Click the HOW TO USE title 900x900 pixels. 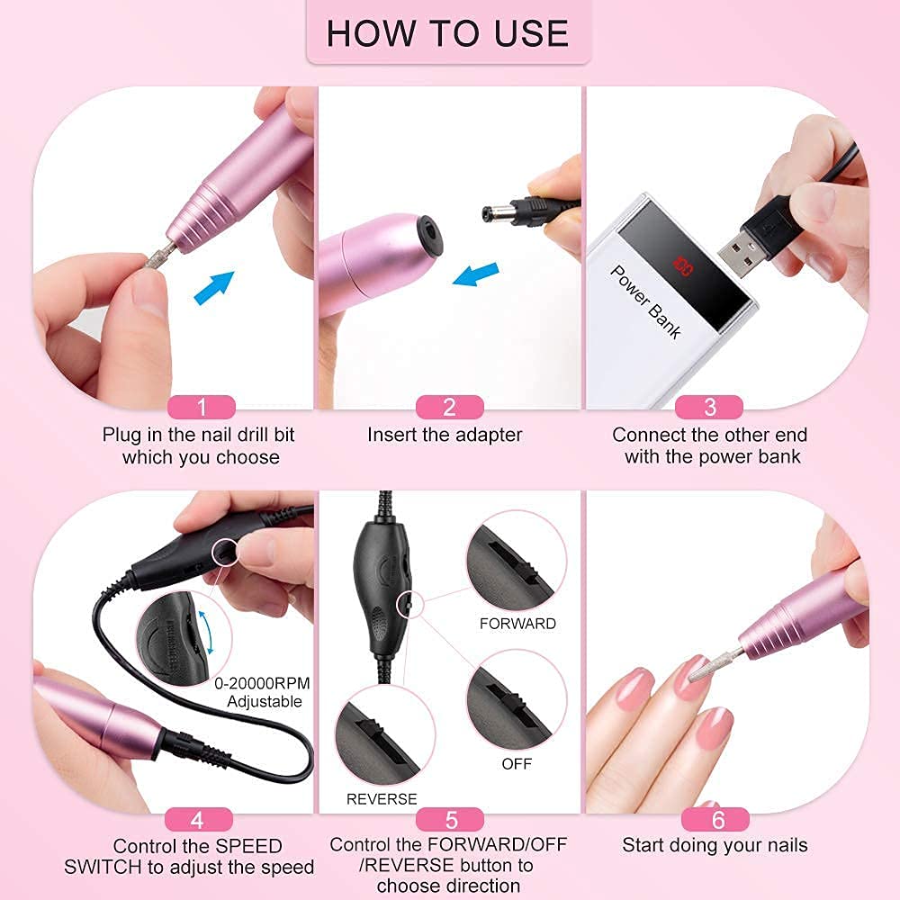click(x=447, y=32)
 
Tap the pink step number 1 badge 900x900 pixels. click(x=201, y=407)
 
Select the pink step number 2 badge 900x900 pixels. click(x=449, y=407)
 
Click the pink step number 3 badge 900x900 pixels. click(x=709, y=407)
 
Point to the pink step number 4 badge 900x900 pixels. click(x=199, y=819)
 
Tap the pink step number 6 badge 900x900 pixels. click(x=715, y=819)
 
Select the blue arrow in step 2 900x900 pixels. click(x=475, y=274)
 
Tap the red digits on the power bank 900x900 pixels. click(x=683, y=267)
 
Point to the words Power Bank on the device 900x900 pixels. click(x=645, y=301)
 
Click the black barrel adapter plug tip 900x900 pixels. click(x=492, y=213)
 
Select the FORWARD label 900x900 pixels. click(x=517, y=624)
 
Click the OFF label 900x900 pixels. click(x=517, y=764)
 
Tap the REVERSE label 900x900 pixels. click(x=382, y=799)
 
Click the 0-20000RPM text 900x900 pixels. click(x=262, y=683)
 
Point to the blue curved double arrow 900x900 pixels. click(x=207, y=633)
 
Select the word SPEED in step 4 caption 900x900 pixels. click(x=248, y=846)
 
